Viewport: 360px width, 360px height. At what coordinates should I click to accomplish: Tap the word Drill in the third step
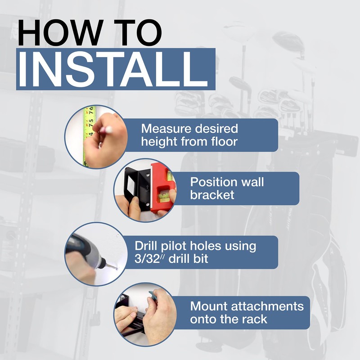pos(148,247)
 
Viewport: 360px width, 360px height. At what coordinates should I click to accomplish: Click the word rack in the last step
pos(255,319)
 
